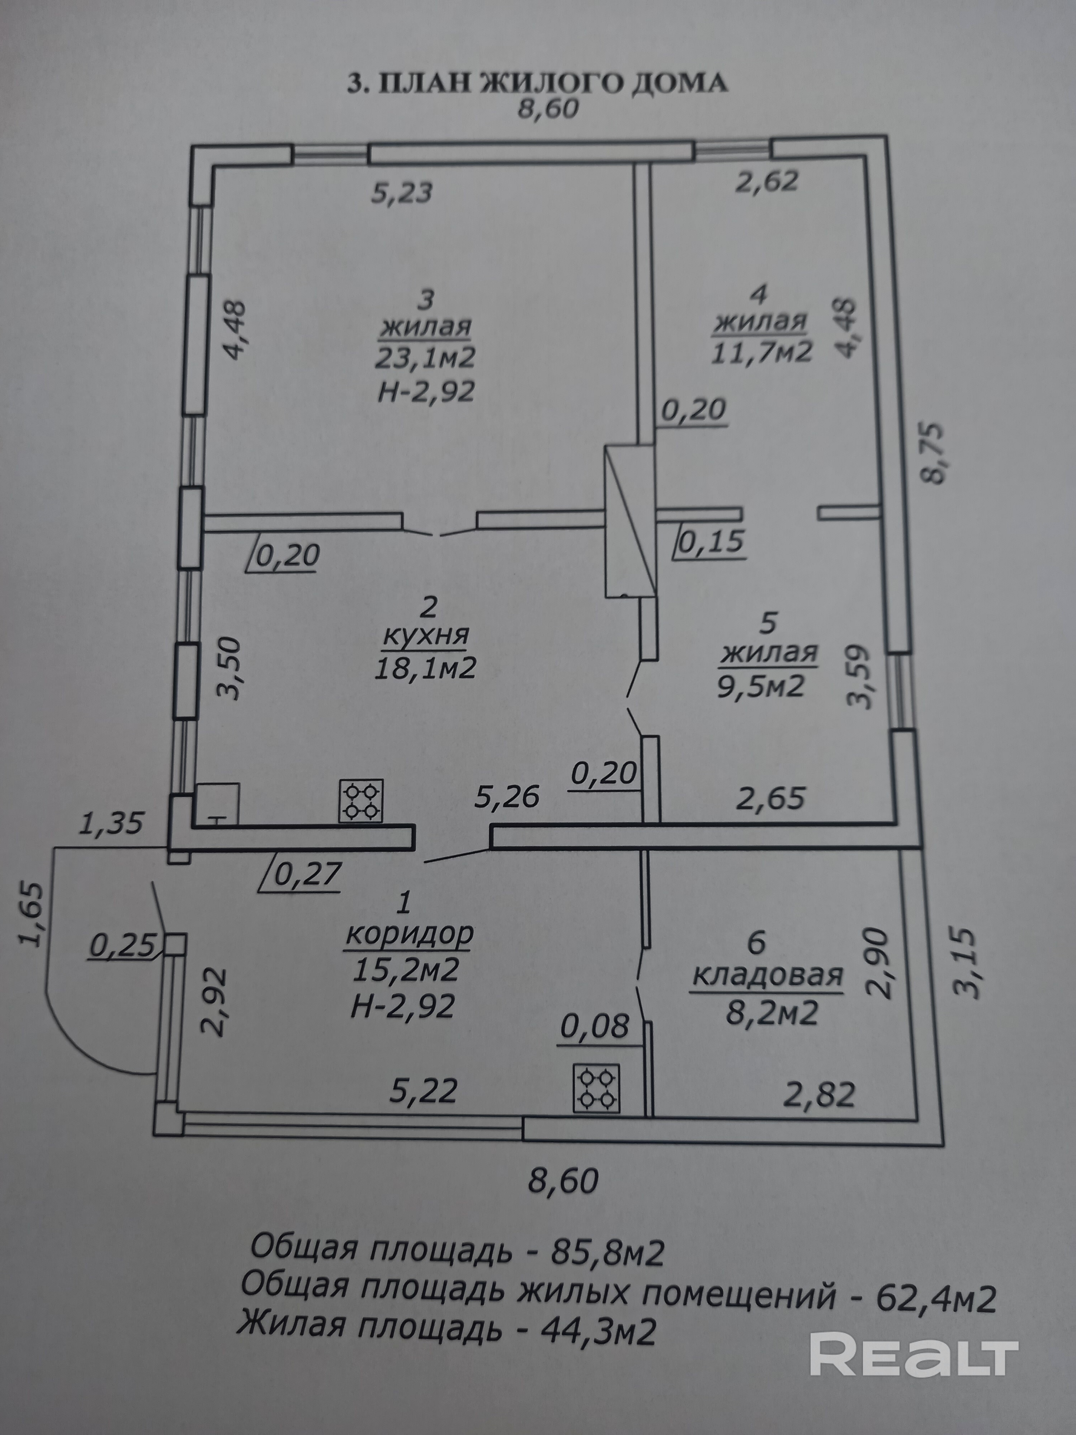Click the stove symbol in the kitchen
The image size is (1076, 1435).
point(360,801)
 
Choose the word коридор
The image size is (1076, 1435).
point(410,934)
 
